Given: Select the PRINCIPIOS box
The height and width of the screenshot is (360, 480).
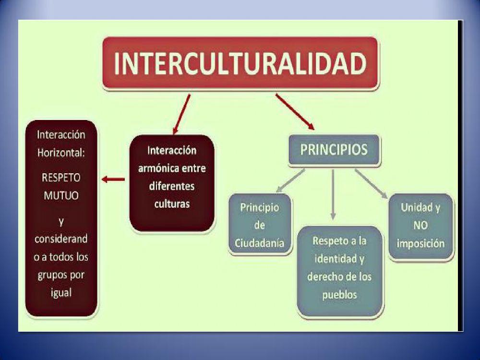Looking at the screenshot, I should coord(334,150).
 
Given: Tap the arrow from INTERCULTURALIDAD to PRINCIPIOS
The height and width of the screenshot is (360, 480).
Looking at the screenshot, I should coord(295,112).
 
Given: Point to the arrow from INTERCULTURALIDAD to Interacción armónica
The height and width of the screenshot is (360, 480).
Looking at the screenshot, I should coord(181,114).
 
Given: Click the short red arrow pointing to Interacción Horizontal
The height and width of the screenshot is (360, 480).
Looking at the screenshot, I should coord(113,180).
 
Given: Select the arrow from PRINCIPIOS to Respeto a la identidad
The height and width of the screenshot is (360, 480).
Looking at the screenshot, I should coord(333,194).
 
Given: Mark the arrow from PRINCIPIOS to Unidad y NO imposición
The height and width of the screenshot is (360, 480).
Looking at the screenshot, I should coord(371,182).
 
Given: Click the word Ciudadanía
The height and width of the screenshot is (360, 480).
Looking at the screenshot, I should coord(259,243).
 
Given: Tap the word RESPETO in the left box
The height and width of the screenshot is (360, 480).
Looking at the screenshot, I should coord(61,178).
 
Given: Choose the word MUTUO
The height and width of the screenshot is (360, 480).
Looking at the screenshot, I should coord(61,196).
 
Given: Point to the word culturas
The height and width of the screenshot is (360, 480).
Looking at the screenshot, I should coord(172,204).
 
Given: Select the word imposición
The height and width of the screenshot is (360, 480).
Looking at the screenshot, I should coord(420,243).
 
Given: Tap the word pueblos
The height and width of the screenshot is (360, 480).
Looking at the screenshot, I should coord(339,294).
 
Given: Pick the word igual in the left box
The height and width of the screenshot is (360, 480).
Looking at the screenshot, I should coord(61,293).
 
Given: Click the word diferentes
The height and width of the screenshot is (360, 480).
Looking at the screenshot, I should coord(172,186).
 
